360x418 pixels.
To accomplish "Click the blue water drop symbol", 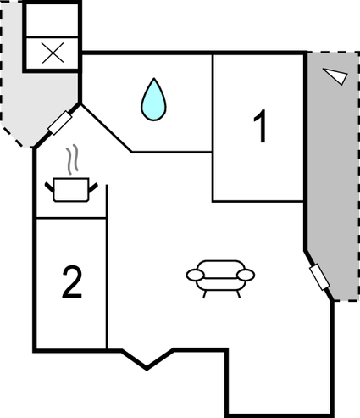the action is point(153,100).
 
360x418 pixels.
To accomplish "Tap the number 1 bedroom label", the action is point(261,126).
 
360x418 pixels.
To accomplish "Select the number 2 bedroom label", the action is point(72,281).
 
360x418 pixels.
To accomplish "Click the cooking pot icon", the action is point(71,189).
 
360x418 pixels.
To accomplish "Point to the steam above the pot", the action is point(72,159).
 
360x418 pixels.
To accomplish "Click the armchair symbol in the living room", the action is point(220,279).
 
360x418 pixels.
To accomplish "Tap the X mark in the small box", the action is point(53,53).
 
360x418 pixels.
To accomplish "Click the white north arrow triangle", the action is point(335,75).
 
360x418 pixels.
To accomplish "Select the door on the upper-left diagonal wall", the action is point(60,123).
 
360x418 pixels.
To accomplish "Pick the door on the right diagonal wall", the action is point(319,276).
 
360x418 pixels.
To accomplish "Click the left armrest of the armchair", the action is point(195,275).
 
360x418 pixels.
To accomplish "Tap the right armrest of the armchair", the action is point(246,275).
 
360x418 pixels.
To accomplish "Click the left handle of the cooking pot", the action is point(49,187).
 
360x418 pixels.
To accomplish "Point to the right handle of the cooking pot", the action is point(93,187).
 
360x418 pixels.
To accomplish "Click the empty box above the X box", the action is point(52,20).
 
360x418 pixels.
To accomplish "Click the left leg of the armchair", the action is point(204,294).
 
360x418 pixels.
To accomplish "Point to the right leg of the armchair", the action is point(238,294).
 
